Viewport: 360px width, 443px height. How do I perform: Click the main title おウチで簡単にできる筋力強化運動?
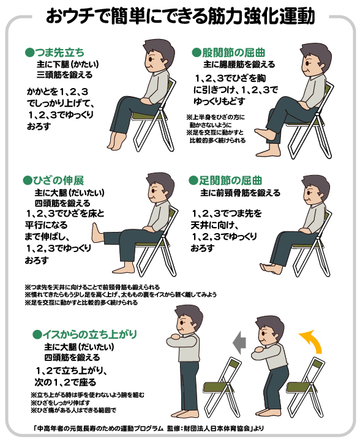point(181,16)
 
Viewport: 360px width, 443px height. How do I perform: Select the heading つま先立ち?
point(59,53)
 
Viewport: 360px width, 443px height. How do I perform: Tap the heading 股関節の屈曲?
point(233,53)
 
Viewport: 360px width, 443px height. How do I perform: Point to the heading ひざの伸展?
point(58,181)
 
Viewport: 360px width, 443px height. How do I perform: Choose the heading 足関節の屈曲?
point(230,181)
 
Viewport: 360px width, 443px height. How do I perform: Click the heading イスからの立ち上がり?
point(89,334)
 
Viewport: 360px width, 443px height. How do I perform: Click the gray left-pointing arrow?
point(239,343)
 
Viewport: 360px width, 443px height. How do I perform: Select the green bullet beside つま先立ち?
point(29,53)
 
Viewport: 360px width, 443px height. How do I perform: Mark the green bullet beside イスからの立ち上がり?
point(37,335)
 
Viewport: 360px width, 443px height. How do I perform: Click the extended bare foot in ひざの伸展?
point(97,233)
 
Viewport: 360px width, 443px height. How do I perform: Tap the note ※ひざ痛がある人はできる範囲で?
point(73,410)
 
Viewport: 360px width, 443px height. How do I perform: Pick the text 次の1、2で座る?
point(66,382)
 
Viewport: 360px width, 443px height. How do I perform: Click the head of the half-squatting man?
point(269,329)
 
